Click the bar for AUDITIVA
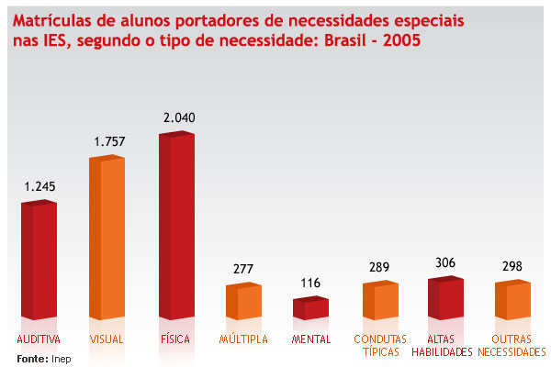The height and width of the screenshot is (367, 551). [x=39, y=261]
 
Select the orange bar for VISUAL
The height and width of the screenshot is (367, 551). [x=106, y=239]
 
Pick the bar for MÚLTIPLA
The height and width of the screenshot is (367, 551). [x=243, y=302]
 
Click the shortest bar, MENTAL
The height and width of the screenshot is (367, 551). [x=310, y=309]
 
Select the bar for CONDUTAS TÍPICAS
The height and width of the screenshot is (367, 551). [x=379, y=301]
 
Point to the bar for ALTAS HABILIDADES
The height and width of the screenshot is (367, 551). [x=445, y=298]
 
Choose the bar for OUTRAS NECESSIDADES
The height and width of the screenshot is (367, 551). [x=512, y=300]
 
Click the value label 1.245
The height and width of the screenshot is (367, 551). [x=40, y=186]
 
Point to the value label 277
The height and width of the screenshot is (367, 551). [x=243, y=269]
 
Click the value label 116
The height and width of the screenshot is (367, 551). [x=310, y=284]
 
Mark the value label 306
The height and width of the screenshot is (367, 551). [x=446, y=262]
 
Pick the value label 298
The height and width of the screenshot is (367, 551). [x=512, y=267]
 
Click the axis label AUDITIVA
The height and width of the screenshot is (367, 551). [x=39, y=339]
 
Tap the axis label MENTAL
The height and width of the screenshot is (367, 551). [x=310, y=339]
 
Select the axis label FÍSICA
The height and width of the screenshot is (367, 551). [x=174, y=339]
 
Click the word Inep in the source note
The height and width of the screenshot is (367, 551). [x=61, y=359]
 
